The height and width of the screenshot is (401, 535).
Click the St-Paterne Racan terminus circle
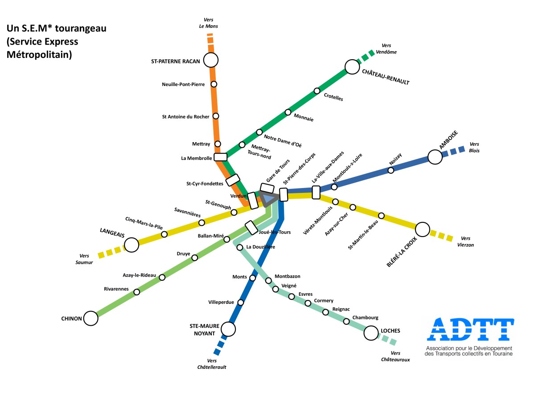(210, 60)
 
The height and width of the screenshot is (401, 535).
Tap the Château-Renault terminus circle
(352, 67)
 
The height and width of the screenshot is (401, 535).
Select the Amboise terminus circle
(435, 156)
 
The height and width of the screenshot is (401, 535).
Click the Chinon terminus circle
(91, 318)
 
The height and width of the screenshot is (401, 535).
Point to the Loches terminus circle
(371, 332)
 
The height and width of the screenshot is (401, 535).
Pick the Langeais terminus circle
(132, 245)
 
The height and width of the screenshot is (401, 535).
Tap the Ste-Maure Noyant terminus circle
(228, 329)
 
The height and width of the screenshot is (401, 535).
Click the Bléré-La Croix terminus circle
(422, 229)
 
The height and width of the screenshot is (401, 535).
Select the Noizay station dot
(391, 170)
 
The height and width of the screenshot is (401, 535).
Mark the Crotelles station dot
(317, 91)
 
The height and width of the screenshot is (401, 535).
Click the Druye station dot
(194, 258)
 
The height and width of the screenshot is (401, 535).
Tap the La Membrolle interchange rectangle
(221, 157)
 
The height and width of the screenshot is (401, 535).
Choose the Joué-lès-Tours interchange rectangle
(251, 228)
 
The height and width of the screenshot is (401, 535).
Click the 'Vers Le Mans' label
(209, 23)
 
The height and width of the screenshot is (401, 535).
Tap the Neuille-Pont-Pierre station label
(183, 84)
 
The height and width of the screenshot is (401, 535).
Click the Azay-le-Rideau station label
(140, 275)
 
